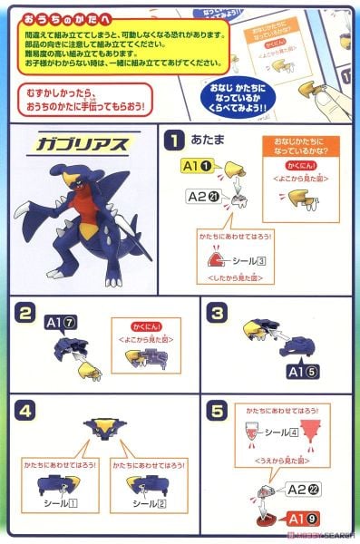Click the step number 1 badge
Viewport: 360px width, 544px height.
(x=174, y=141)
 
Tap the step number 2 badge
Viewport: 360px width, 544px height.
(x=26, y=316)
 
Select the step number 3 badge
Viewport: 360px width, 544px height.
(x=215, y=316)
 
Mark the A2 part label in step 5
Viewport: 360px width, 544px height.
(x=300, y=489)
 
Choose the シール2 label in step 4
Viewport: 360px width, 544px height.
(x=148, y=501)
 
